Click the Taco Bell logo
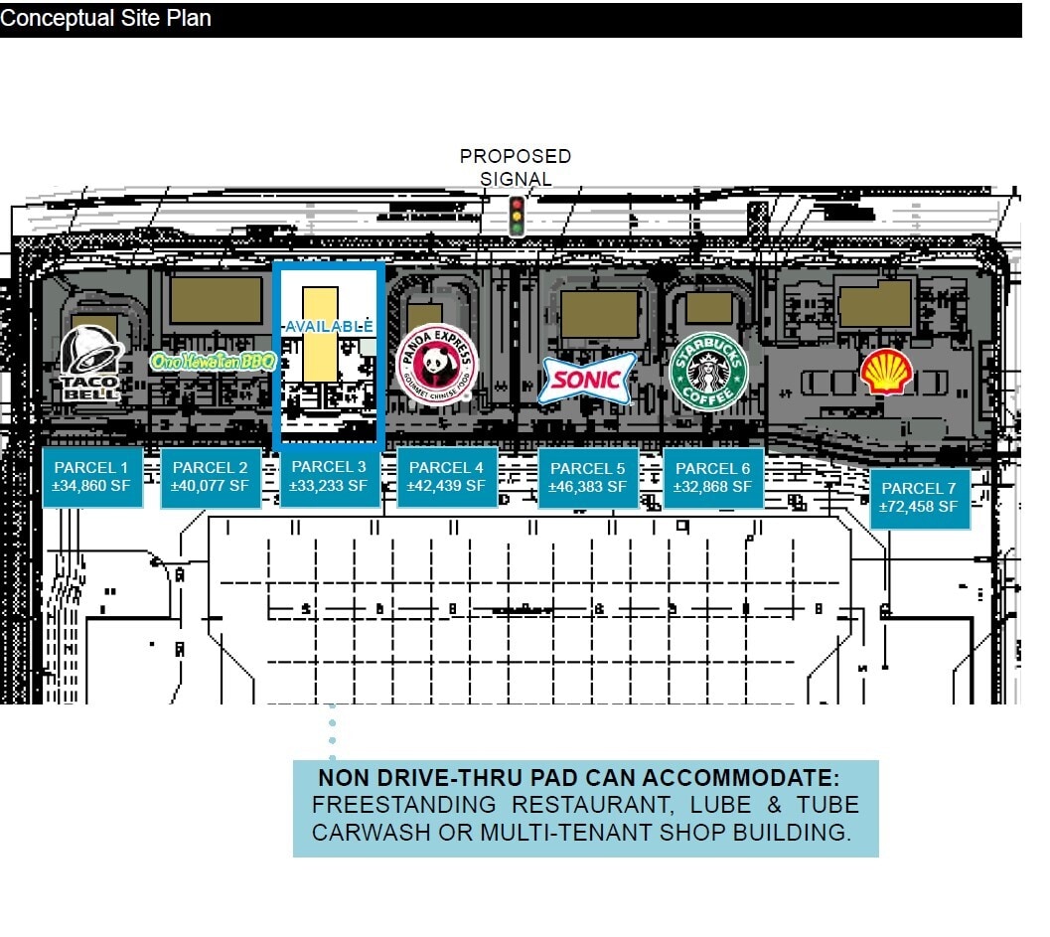[x=91, y=364]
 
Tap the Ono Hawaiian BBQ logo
[x=213, y=361]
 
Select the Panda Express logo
[x=436, y=371]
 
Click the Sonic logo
[x=586, y=379]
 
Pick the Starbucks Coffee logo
[x=707, y=371]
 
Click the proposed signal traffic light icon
[x=516, y=217]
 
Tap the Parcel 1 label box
[x=91, y=477]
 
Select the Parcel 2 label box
[x=211, y=477]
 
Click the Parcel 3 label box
[x=329, y=477]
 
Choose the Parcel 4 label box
[x=446, y=477]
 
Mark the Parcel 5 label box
[x=587, y=478]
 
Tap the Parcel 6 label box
[x=712, y=478]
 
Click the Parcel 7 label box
[x=919, y=498]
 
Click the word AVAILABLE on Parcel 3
[x=329, y=326]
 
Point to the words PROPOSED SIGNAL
[x=516, y=167]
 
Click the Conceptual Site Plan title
[x=105, y=19]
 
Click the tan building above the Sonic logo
[x=599, y=313]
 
